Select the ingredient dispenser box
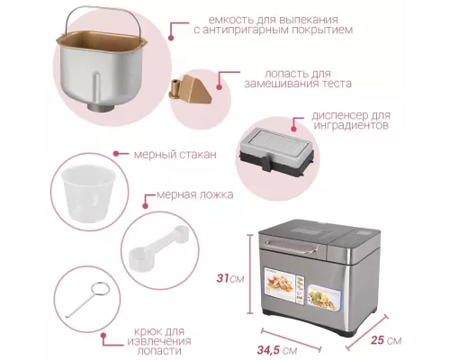273,147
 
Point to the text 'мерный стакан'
175,154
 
